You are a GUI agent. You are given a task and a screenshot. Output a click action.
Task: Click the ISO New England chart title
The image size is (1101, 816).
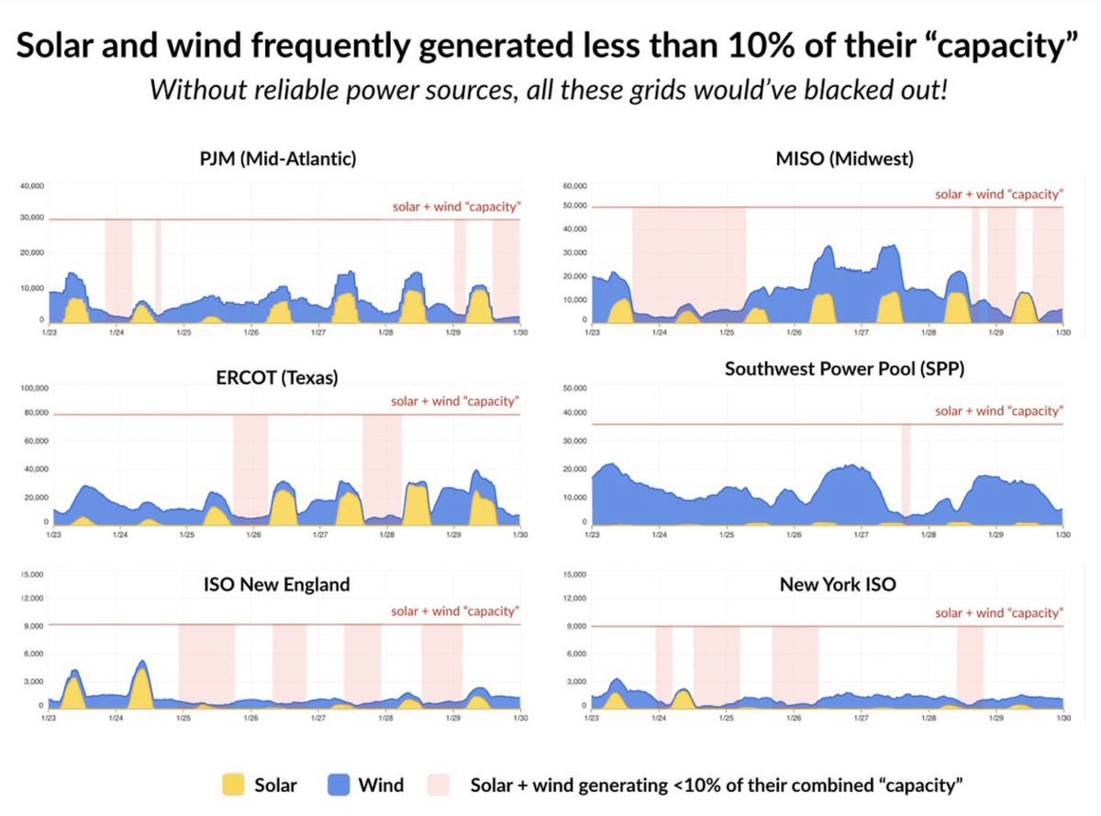(276, 585)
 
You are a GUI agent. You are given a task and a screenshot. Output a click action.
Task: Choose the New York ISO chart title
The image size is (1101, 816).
(838, 584)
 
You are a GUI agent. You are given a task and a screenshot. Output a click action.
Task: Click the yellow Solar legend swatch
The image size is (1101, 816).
(234, 785)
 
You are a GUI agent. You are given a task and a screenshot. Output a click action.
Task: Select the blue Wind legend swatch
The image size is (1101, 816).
(339, 785)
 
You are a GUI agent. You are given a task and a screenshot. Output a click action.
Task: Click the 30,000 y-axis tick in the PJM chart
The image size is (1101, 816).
(32, 218)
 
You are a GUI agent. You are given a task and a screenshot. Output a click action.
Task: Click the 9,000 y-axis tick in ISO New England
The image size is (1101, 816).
(33, 626)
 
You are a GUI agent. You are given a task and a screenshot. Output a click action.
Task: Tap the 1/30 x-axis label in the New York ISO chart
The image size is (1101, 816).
(1062, 719)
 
